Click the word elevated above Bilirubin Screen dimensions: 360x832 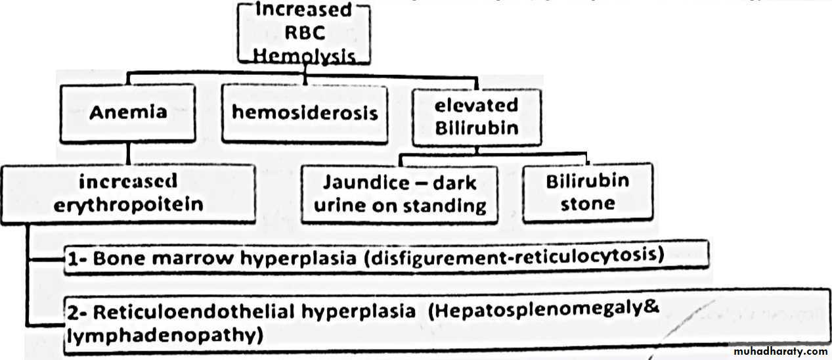pyautogui.click(x=476, y=105)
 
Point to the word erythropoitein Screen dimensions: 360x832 pyautogui.click(x=129, y=204)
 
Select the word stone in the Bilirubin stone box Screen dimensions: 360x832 pyautogui.click(x=588, y=204)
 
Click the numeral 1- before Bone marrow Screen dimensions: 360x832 pyautogui.click(x=77, y=259)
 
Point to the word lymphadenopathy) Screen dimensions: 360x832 pyautogui.click(x=164, y=336)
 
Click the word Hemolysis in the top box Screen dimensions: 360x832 pyautogui.click(x=304, y=56)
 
